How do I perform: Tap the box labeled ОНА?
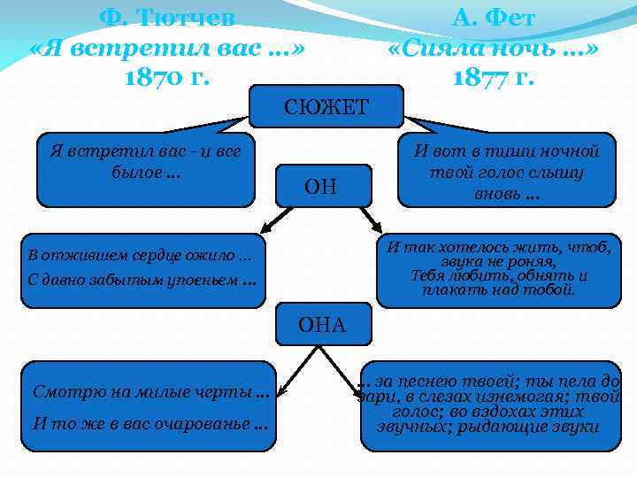point(322,326)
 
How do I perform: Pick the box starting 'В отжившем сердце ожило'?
point(143,269)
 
